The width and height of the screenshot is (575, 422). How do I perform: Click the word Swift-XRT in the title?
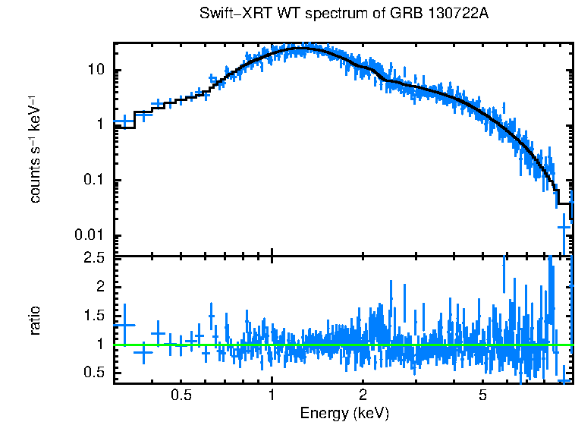point(226,14)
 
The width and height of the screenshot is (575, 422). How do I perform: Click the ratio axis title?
point(35,321)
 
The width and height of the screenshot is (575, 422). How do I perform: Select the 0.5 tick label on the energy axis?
point(181,395)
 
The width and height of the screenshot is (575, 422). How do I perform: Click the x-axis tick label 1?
point(272,395)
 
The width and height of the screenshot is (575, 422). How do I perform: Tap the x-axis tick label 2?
point(363,395)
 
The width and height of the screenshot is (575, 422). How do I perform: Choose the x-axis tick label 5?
point(483,395)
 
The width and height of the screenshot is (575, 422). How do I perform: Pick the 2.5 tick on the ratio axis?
point(95,258)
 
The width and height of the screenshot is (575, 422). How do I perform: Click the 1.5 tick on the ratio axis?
point(95,315)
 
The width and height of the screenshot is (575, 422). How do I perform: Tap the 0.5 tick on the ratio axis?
point(95,372)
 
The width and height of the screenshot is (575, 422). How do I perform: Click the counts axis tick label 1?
point(101,125)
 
